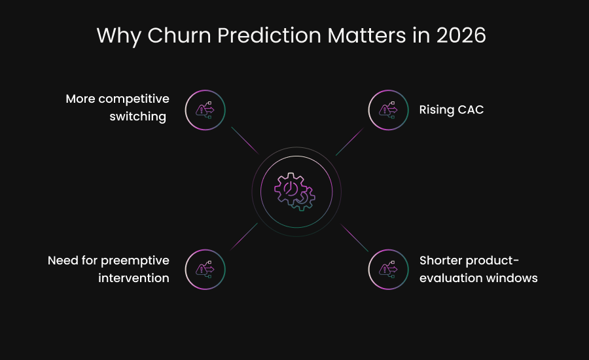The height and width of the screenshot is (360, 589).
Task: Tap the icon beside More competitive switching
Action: click(x=205, y=110)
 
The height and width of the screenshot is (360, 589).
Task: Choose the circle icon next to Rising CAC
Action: click(x=388, y=110)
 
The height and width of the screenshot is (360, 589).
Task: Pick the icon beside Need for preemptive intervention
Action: click(x=205, y=269)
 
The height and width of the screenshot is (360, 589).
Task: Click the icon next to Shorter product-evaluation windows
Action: click(x=388, y=269)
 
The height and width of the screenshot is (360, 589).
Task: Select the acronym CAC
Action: click(x=469, y=109)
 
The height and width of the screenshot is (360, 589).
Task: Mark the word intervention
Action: click(x=134, y=278)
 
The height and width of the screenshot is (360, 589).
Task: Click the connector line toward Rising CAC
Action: click(x=349, y=141)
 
